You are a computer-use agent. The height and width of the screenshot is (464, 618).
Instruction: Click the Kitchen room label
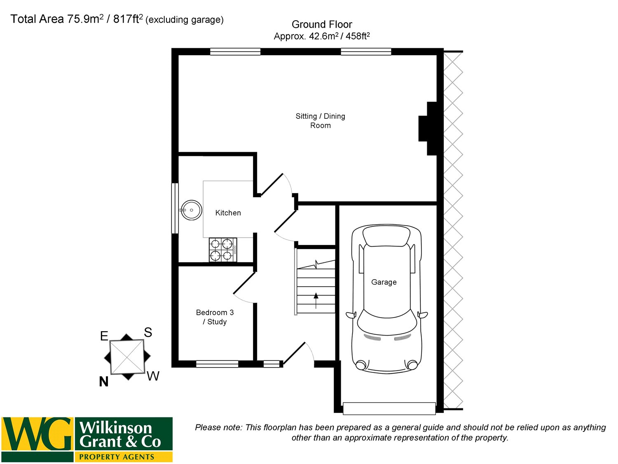(228, 213)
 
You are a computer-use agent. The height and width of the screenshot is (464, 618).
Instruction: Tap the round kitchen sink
(191, 210)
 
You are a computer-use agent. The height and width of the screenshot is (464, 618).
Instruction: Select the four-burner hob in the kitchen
(223, 250)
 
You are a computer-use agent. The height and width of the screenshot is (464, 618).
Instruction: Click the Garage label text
(384, 282)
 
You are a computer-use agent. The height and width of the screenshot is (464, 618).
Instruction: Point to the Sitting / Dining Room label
(320, 120)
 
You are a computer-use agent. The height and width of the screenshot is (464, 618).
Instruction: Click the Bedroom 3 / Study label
(215, 317)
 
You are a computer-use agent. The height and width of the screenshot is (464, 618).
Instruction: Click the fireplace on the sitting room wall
(428, 129)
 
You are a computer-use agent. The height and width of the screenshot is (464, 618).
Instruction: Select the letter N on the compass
(104, 382)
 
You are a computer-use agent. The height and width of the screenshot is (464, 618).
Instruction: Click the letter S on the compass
(148, 332)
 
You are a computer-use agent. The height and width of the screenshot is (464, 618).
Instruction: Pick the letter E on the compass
(104, 336)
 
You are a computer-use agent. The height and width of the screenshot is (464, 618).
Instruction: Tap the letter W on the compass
(153, 376)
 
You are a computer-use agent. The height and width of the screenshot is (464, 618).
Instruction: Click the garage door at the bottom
(389, 408)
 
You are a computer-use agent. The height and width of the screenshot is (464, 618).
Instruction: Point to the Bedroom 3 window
(217, 364)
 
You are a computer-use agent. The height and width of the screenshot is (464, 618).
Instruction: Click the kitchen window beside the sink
(175, 208)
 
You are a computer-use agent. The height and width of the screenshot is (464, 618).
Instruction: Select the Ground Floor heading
(322, 24)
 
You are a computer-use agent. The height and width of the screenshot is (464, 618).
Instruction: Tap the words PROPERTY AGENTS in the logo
(117, 457)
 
